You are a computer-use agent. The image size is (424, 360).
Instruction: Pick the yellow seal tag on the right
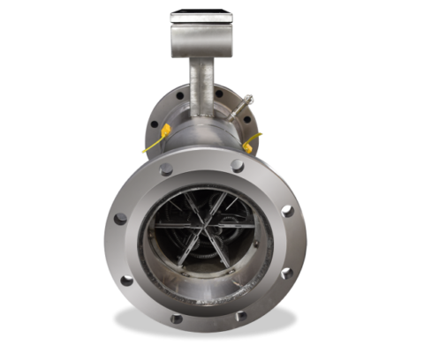point(252,142)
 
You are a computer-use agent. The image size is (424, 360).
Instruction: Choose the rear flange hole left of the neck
point(178,91)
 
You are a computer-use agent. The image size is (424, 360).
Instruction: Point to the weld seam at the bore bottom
point(205,295)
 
